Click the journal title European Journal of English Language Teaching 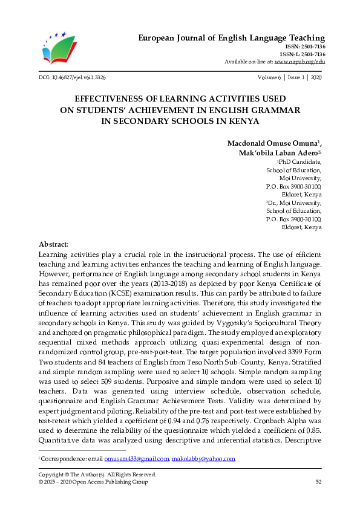coord(232,37)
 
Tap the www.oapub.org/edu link coord(299,62)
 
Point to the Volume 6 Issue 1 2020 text coord(289,78)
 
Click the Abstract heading coord(53,244)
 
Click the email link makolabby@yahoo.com coord(203,459)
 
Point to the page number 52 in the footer coord(318,481)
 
